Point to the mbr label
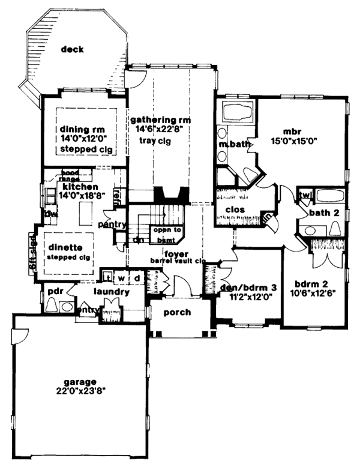292,131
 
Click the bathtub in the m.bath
238,112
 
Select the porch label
177,312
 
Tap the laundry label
112,292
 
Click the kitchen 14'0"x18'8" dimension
74,195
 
